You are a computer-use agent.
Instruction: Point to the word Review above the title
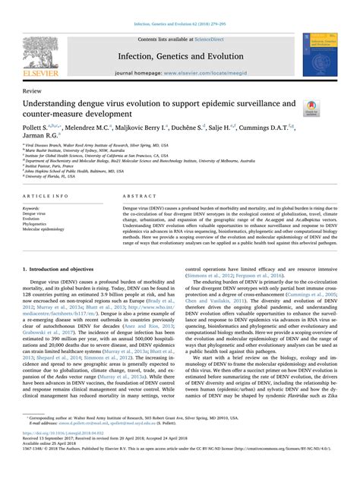[33, 89]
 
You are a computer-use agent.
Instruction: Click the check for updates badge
[310, 109]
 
